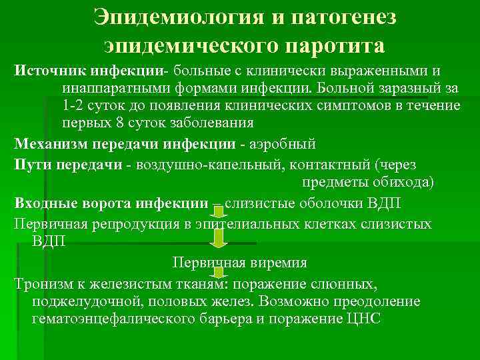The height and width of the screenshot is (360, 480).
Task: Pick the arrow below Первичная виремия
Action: coord(217,272)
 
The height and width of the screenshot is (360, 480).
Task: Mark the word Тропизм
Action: coord(44,283)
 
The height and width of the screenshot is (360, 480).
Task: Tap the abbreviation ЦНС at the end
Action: coord(362,319)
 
